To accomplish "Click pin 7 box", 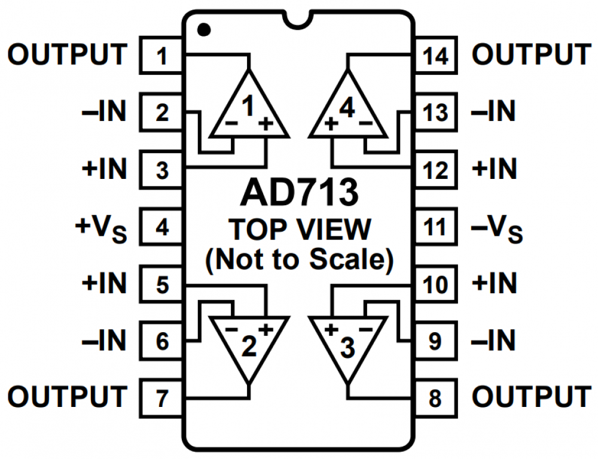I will pyautogui.click(x=161, y=397).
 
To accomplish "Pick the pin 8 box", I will pyautogui.click(x=435, y=397).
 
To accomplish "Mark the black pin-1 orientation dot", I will pyautogui.click(x=204, y=28).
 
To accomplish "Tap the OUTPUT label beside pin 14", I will pyautogui.click(x=531, y=55).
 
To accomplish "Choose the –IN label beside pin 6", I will pyautogui.click(x=105, y=341).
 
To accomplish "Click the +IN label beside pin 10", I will pyautogui.click(x=494, y=284).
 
